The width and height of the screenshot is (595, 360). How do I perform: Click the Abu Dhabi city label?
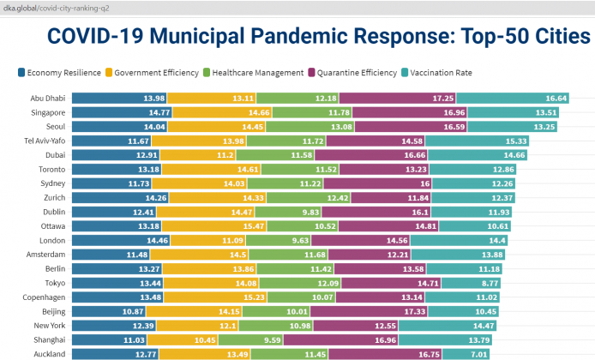click(x=49, y=99)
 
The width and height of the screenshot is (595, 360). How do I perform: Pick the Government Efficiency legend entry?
click(x=153, y=73)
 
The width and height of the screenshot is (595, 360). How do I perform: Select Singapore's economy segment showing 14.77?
click(x=120, y=112)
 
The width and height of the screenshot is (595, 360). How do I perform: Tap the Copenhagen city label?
click(x=44, y=297)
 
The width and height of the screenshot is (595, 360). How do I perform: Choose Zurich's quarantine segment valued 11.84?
click(x=387, y=198)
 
